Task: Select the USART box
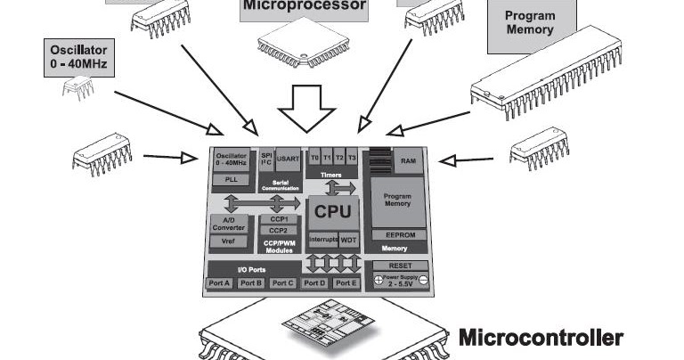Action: point(288,160)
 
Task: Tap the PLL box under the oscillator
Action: point(231,178)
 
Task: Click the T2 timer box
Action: point(339,158)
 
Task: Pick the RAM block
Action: point(408,161)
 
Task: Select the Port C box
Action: point(282,282)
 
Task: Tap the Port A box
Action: point(219,282)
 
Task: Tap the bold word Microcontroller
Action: point(540,338)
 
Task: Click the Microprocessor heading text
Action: point(304,6)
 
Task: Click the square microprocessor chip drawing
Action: point(298,44)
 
